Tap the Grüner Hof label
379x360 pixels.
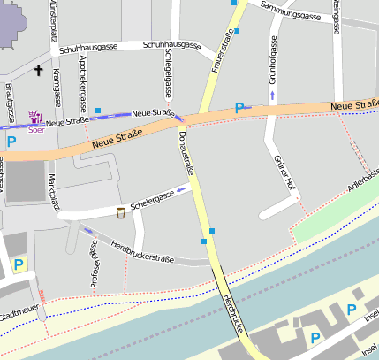(x=284, y=172)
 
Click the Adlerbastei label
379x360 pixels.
(x=364, y=187)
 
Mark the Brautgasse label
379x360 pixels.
(x=9, y=103)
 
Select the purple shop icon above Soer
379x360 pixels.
(x=34, y=116)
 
